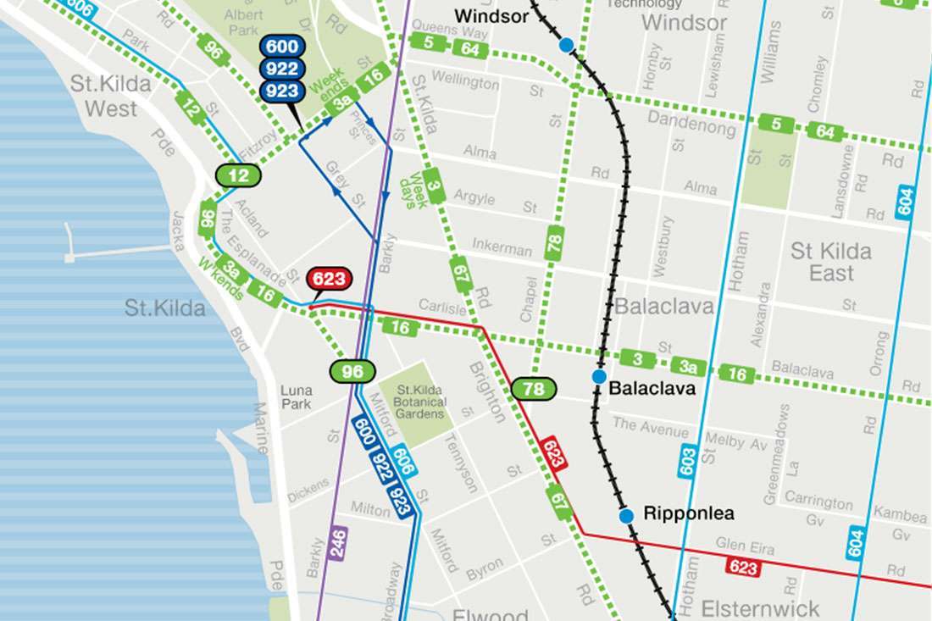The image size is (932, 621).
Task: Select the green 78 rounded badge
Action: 534,389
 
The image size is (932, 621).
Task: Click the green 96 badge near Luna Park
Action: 352,371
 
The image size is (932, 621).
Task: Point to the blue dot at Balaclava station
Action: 599,376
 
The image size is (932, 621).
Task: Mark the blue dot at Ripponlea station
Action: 626,515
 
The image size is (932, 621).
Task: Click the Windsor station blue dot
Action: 566,44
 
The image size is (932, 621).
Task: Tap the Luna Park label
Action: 296,397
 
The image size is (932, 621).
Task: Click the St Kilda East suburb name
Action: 830,262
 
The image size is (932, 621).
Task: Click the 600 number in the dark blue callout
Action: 280,47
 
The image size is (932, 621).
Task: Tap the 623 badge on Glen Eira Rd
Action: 743,567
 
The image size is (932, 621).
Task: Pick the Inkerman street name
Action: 502,248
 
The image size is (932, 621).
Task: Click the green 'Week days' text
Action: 415,191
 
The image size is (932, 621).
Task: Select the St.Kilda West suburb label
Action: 111,96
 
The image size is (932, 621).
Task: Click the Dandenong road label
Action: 692,123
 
